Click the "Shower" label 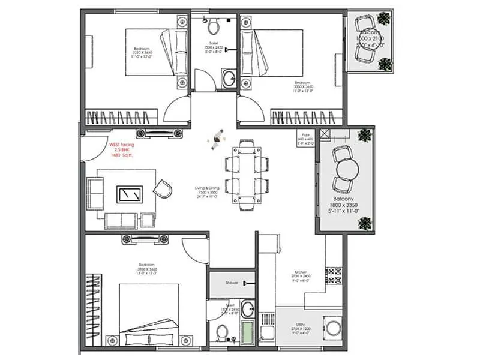tap(232, 282)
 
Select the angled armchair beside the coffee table tap(162, 190)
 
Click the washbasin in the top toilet tap(228, 77)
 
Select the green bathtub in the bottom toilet tap(248, 331)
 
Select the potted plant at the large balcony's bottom tap(363, 223)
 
